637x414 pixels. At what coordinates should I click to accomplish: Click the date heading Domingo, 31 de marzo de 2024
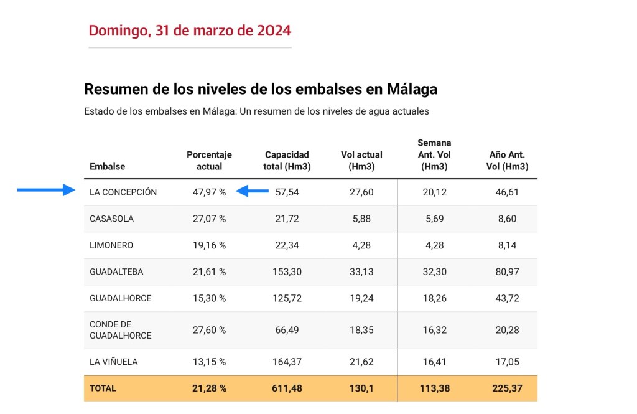(190, 31)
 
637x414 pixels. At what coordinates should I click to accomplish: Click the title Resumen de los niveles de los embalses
(260, 89)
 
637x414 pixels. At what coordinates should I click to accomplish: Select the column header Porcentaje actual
(209, 161)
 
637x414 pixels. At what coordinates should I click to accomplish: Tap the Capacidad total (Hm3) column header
(287, 161)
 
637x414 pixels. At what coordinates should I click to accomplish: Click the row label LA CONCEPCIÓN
(123, 192)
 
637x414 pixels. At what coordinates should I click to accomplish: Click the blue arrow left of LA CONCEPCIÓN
(46, 191)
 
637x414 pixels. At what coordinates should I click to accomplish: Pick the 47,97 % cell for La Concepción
(209, 192)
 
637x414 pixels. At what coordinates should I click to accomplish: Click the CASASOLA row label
(111, 219)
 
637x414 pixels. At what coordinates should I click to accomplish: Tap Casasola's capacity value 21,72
(287, 219)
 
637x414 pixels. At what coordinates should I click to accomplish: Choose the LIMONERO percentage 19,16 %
(209, 245)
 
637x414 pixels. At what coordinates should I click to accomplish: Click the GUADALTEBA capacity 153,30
(287, 272)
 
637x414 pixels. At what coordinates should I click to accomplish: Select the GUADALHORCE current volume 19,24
(361, 298)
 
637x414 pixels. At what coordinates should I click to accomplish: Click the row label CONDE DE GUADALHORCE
(121, 330)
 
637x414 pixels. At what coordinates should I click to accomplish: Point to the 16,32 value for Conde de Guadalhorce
(435, 330)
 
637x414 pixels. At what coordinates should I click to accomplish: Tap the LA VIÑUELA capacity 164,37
(287, 362)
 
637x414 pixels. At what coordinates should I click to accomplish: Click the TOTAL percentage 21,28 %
(209, 388)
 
